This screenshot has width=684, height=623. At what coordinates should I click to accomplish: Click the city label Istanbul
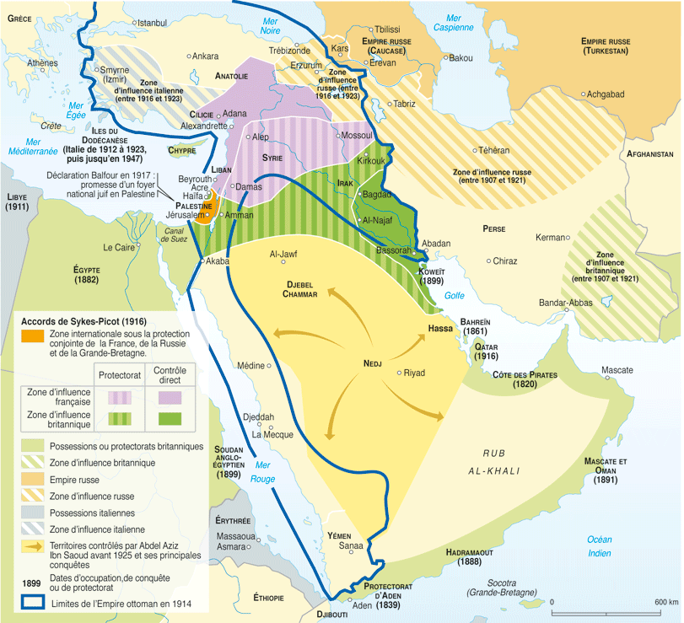(152, 22)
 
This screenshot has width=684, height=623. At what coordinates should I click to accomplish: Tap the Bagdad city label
(376, 194)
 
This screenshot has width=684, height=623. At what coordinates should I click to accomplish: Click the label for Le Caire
(119, 248)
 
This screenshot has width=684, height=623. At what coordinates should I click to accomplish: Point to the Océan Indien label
(600, 546)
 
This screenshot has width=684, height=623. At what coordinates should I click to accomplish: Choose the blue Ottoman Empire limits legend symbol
(33, 603)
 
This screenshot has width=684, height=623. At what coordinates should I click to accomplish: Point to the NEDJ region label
(373, 363)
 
